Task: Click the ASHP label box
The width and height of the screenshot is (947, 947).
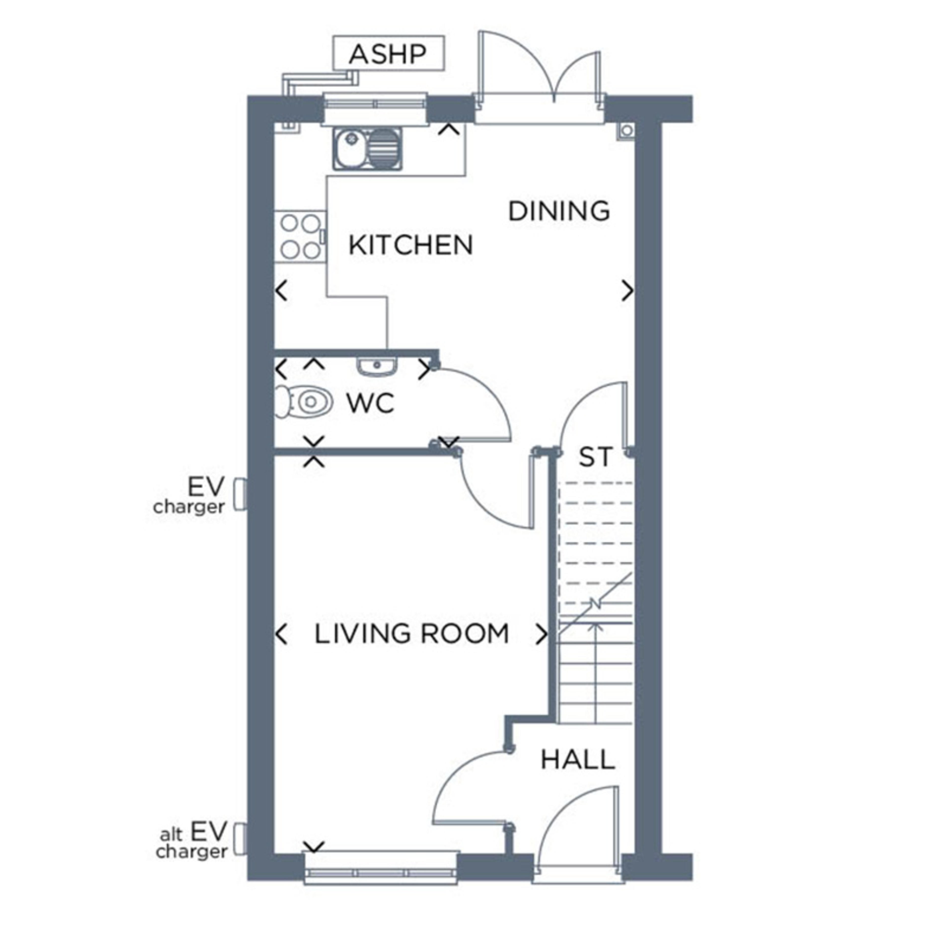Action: click(388, 53)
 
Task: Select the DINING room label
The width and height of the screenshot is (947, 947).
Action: click(559, 211)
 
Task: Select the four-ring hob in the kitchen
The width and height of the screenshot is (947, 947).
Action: click(300, 237)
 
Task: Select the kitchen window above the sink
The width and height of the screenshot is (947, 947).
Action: click(375, 104)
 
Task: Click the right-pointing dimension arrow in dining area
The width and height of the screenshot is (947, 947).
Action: click(627, 291)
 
